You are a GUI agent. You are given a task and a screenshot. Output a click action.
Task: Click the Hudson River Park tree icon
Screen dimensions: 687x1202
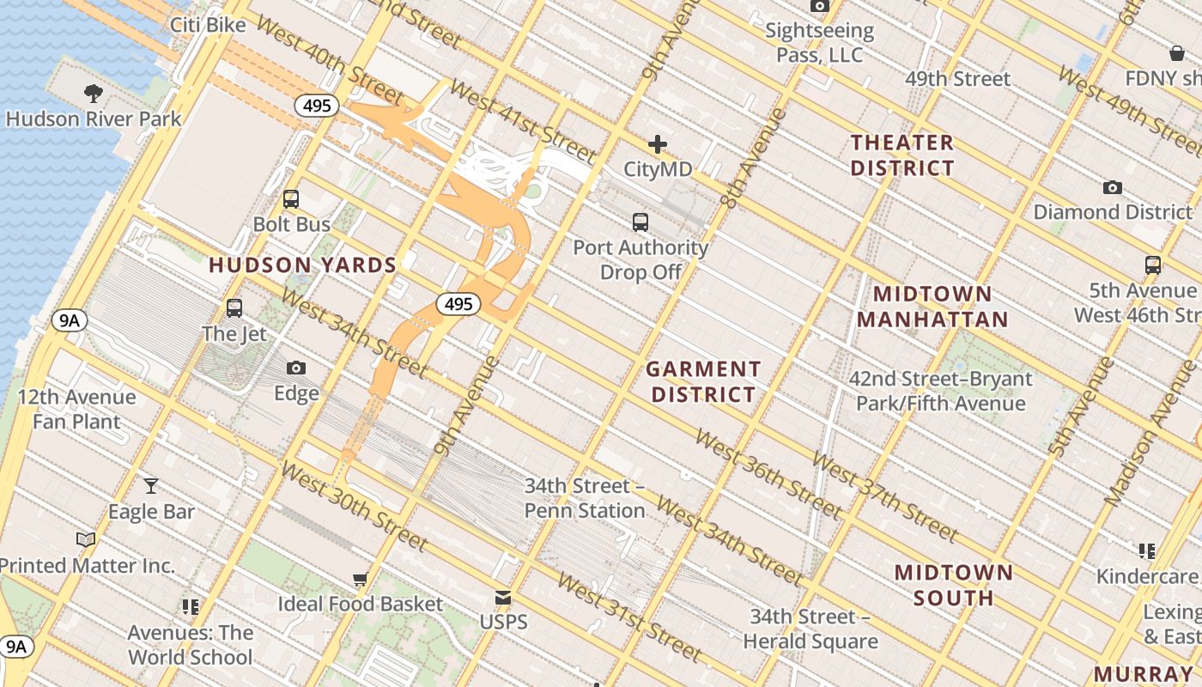[94, 93]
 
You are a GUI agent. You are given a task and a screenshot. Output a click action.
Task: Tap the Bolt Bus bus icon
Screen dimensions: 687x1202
[291, 199]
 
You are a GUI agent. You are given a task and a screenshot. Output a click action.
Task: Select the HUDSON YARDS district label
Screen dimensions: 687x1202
[302, 264]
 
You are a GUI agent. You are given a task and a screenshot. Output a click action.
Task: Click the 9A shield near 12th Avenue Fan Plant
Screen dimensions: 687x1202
[69, 321]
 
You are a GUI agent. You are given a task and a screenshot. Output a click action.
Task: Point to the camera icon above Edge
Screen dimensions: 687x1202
[296, 368]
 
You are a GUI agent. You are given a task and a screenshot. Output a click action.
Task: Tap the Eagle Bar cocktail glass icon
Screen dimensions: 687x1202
[151, 486]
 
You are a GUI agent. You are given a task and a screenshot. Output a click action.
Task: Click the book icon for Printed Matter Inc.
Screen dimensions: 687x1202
[86, 540]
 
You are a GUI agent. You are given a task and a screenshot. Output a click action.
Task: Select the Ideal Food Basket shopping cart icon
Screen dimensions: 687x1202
[360, 579]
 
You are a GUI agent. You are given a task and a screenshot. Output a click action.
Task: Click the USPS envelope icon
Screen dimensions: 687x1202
[503, 598]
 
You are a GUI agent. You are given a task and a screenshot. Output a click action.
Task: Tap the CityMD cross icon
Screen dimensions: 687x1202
[658, 144]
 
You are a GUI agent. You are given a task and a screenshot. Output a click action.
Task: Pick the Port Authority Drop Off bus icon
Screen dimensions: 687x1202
[640, 222]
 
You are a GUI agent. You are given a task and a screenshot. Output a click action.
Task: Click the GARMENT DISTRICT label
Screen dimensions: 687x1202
[703, 382]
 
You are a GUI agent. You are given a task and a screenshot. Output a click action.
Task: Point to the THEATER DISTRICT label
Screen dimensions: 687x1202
[902, 155]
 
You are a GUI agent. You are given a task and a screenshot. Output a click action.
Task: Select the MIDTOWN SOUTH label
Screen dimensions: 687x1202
[954, 585]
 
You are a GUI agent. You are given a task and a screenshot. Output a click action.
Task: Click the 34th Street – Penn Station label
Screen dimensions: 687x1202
[585, 498]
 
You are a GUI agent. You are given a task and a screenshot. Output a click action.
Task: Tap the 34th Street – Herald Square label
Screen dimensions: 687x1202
[810, 629]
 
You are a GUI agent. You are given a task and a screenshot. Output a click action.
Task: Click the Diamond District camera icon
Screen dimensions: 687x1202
[1112, 187]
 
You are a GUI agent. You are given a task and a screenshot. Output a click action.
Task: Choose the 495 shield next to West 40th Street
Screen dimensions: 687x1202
[318, 106]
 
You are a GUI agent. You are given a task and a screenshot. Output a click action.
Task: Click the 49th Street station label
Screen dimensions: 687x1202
[957, 79]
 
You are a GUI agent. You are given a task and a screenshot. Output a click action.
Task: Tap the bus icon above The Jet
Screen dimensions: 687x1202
[234, 307]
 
